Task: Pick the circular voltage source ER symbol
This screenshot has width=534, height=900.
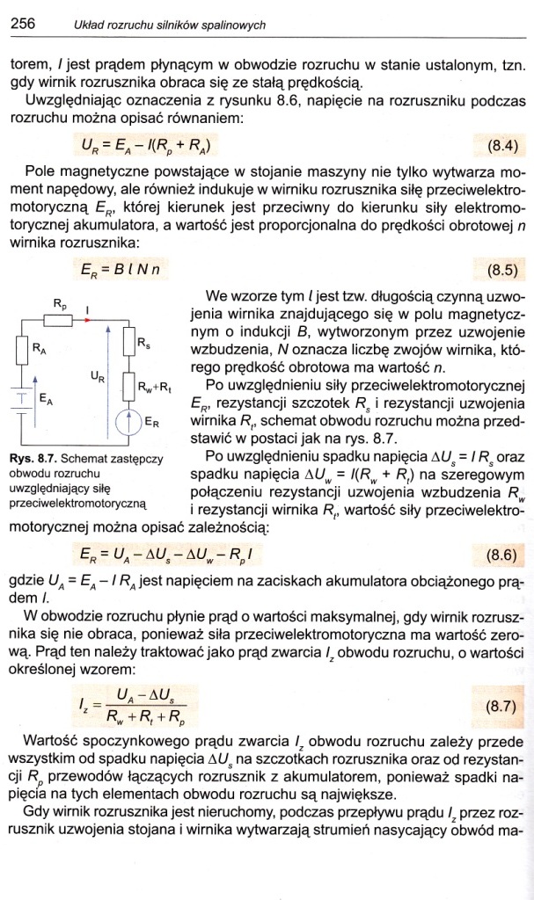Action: [x=129, y=420]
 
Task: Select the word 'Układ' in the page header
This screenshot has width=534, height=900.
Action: [x=92, y=25]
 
